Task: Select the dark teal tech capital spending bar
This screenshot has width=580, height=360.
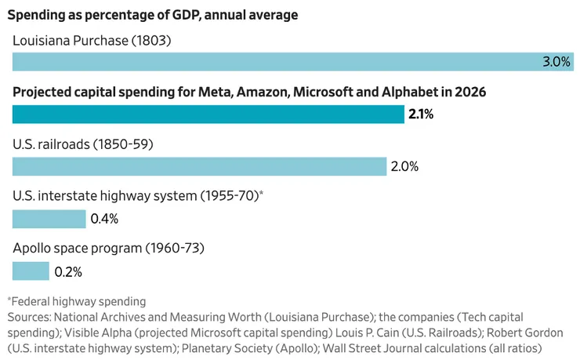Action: point(208,115)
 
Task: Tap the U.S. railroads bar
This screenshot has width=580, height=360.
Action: point(200,166)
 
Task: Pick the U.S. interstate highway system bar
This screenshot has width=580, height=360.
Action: point(49,219)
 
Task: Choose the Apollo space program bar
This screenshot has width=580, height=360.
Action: point(31,271)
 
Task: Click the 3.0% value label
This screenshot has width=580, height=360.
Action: point(556,62)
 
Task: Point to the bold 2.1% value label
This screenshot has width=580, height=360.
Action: point(421,115)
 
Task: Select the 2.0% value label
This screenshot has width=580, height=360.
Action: point(404,166)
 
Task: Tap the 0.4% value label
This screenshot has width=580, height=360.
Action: point(104,219)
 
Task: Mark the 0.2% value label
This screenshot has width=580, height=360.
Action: point(67,272)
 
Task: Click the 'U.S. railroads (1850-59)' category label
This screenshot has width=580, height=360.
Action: point(83,144)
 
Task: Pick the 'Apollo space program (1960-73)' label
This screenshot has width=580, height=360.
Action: point(108,249)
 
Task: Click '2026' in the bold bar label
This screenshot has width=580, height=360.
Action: point(469,92)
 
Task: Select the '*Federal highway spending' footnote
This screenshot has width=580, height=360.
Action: point(76,302)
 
